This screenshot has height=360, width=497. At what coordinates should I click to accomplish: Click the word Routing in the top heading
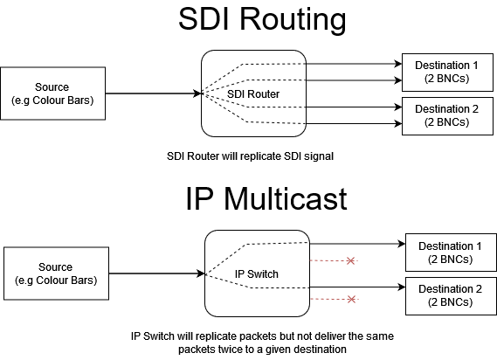pos(293,20)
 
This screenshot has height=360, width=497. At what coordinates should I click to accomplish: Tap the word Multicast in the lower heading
pos(286,199)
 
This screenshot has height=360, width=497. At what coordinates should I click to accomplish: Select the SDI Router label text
pos(253,93)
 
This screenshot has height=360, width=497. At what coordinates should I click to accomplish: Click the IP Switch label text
pos(257,274)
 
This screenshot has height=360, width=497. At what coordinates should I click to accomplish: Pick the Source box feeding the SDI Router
pos(53,93)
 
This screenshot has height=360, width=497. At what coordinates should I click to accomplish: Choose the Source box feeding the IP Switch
pos(56,273)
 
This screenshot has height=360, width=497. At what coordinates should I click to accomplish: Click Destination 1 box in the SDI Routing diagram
pos(447,73)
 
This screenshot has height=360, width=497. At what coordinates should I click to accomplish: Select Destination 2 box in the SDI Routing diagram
pos(447,116)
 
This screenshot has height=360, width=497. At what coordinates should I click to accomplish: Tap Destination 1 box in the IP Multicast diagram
pos(451,253)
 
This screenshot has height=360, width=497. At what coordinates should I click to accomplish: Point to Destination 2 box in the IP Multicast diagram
pos(451,296)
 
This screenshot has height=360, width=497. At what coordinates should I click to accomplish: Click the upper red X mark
pos(350,260)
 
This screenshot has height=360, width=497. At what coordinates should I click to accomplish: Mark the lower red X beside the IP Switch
pos(351,299)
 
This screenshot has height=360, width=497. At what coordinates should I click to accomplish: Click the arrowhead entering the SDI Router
pos(197,93)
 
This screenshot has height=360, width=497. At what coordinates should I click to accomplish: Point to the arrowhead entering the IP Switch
pos(201,273)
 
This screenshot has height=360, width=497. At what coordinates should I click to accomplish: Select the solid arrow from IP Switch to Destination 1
pos(357,244)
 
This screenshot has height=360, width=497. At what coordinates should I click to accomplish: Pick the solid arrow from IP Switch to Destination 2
pos(357,287)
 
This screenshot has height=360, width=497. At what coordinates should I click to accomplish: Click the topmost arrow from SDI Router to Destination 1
pos(354,64)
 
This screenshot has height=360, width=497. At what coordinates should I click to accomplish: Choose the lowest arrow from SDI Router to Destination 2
pos(354,123)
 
